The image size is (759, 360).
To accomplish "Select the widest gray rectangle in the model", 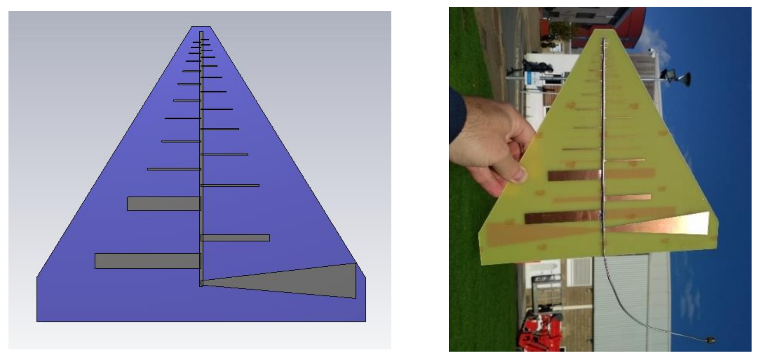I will [148, 261].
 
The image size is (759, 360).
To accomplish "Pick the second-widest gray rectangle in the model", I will [164, 204].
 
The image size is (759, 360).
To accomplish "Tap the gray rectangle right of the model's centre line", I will [235, 238].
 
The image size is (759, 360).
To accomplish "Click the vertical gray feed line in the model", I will [201, 157].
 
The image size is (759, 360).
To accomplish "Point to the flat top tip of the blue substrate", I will [201, 27].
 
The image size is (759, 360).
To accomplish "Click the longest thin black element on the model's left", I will [182, 118].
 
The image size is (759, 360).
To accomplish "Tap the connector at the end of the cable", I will [709, 340].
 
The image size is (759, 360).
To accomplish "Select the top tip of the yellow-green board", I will [603, 31].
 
